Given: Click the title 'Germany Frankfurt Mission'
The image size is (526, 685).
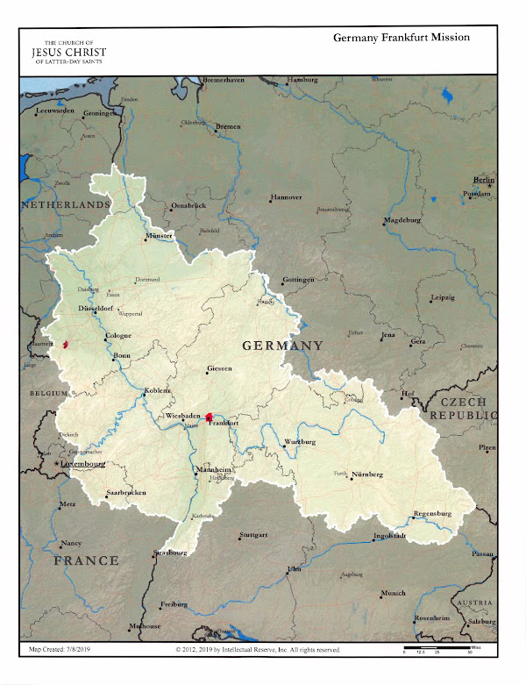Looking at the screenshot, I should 402,38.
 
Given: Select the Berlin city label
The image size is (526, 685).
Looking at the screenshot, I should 484,179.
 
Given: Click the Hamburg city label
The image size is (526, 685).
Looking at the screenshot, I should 302,80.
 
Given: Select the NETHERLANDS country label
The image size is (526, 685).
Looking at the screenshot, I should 67,204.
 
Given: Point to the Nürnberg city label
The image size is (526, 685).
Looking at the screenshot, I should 368,474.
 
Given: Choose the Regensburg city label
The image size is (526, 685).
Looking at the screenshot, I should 432,513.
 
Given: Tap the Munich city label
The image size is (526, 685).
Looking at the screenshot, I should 393,593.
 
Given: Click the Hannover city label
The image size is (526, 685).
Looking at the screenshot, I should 286,197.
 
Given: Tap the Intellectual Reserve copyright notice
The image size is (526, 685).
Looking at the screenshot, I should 258,651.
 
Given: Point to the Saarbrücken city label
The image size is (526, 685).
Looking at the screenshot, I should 125,493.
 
